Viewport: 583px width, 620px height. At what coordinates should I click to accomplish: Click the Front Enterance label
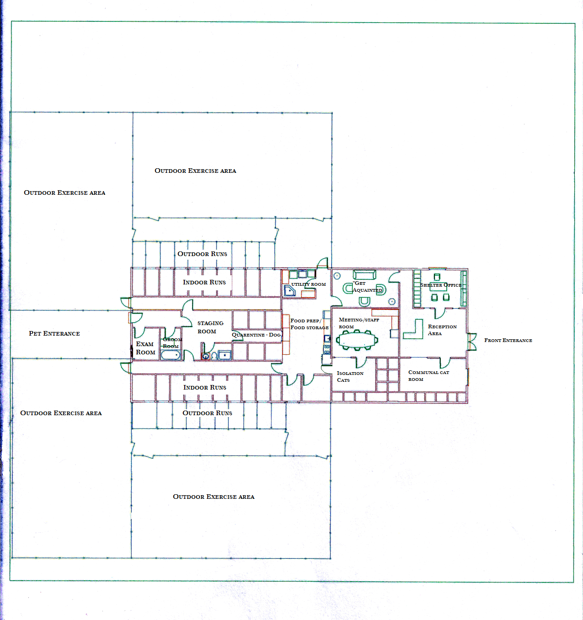click(x=508, y=340)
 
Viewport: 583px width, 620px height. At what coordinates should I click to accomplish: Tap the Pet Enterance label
click(x=54, y=333)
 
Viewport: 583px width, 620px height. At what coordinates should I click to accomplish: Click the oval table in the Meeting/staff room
click(x=357, y=340)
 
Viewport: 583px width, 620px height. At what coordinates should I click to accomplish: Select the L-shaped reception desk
click(x=413, y=330)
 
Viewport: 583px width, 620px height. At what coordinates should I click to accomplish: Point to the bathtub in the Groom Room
click(x=171, y=355)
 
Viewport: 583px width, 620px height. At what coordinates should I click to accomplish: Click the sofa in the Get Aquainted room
click(x=364, y=274)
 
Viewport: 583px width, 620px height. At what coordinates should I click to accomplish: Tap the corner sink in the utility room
click(x=289, y=291)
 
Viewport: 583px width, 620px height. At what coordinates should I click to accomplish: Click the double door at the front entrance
click(x=471, y=342)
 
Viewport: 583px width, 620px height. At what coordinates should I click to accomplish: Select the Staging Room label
click(x=210, y=327)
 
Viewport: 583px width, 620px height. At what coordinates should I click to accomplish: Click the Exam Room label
click(x=145, y=348)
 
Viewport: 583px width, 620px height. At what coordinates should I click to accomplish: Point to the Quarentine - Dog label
click(x=256, y=335)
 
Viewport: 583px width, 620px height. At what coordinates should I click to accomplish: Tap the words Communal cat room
click(x=428, y=375)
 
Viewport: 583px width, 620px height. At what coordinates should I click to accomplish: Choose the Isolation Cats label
click(x=350, y=376)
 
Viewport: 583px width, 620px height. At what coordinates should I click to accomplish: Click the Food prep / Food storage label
click(x=310, y=324)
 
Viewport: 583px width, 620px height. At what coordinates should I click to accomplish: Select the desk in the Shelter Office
click(x=438, y=287)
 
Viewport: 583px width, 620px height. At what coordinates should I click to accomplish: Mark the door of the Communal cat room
click(x=445, y=363)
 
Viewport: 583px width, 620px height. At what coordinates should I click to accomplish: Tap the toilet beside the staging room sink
click(x=214, y=356)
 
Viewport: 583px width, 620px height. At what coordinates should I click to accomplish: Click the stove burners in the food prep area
click(x=327, y=349)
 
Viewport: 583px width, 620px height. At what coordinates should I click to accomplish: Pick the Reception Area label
click(x=442, y=330)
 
